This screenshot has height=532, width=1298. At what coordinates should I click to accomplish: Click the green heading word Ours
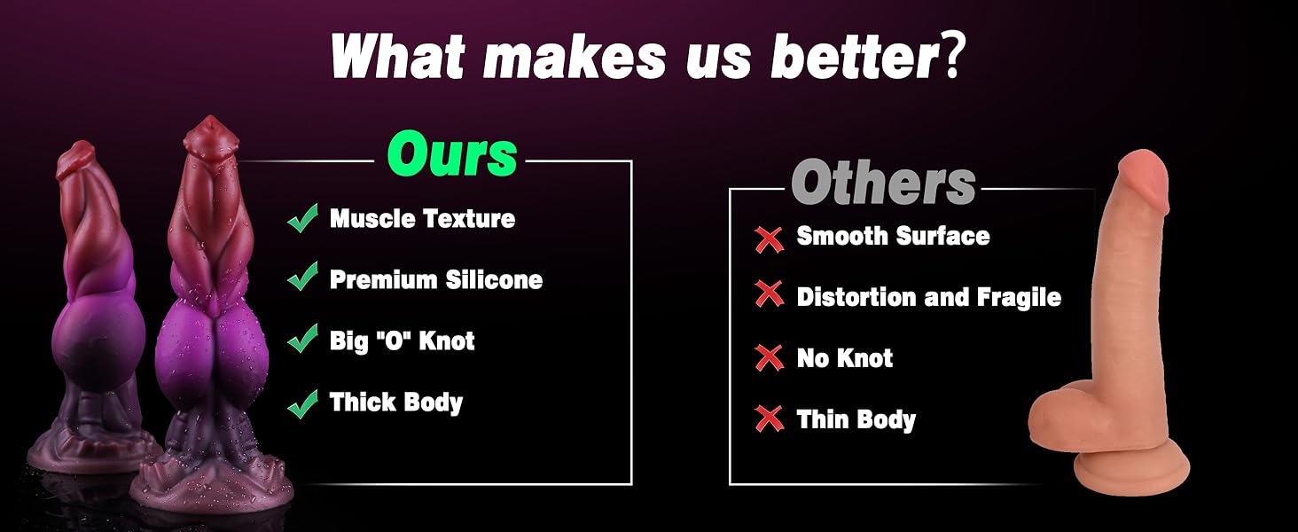tap(451, 154)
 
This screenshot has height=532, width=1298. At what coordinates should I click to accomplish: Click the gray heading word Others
tap(883, 182)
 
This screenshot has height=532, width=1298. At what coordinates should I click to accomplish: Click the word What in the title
tap(398, 56)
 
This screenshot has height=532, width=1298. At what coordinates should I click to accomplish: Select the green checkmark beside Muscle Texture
tap(302, 218)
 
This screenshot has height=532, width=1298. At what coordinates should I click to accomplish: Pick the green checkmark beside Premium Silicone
tap(302, 276)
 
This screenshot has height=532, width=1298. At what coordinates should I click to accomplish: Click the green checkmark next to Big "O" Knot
tap(302, 338)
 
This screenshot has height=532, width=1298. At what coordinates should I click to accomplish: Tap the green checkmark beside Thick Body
tap(302, 403)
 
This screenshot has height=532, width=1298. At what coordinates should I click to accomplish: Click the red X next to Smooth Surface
tap(769, 239)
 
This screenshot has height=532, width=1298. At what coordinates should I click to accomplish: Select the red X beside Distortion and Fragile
tap(769, 293)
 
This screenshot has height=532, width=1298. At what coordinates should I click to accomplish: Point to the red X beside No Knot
tap(769, 357)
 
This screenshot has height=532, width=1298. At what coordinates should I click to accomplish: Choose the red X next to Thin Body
tap(769, 419)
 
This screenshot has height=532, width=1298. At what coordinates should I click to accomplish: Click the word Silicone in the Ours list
tap(494, 280)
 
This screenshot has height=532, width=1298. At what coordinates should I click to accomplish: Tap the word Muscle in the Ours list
tap(372, 218)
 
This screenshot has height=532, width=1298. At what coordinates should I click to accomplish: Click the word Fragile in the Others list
tap(1019, 298)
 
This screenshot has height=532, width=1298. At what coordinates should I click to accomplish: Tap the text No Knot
tap(844, 358)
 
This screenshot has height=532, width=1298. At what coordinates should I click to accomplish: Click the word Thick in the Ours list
tap(362, 402)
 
